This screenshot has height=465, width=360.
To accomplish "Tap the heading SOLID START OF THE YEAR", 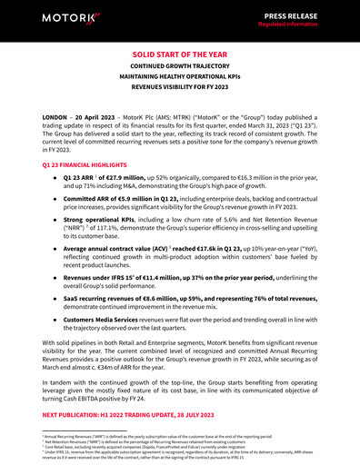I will [x=180, y=54].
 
